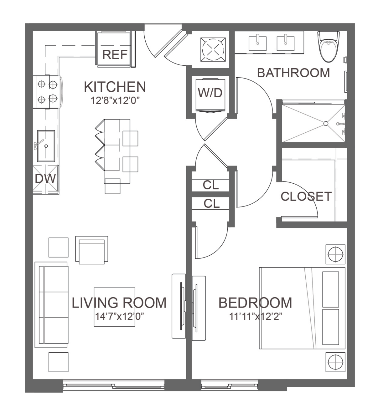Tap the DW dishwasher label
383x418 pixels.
[45, 179]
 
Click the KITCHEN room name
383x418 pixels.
[115, 87]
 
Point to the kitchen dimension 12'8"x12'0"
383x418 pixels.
[115, 101]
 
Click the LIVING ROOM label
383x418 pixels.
[119, 303]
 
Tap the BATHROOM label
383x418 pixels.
[293, 73]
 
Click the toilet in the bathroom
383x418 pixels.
[328, 47]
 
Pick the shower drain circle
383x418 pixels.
[326, 124]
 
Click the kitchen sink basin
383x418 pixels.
[46, 146]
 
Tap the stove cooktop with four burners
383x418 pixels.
[47, 92]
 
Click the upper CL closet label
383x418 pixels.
[211, 185]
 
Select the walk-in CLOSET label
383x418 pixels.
[306, 196]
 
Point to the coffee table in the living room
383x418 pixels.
[114, 307]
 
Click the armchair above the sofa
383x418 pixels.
[91, 250]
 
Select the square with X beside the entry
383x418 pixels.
[213, 50]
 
